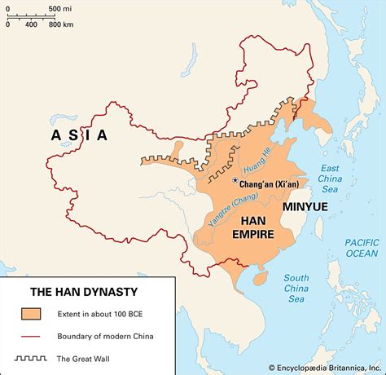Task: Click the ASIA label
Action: tap(79, 135)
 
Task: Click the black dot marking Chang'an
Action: tap(235, 179)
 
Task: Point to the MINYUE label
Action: tap(306, 207)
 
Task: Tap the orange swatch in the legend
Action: tap(32, 314)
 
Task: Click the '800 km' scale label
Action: tap(61, 24)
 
